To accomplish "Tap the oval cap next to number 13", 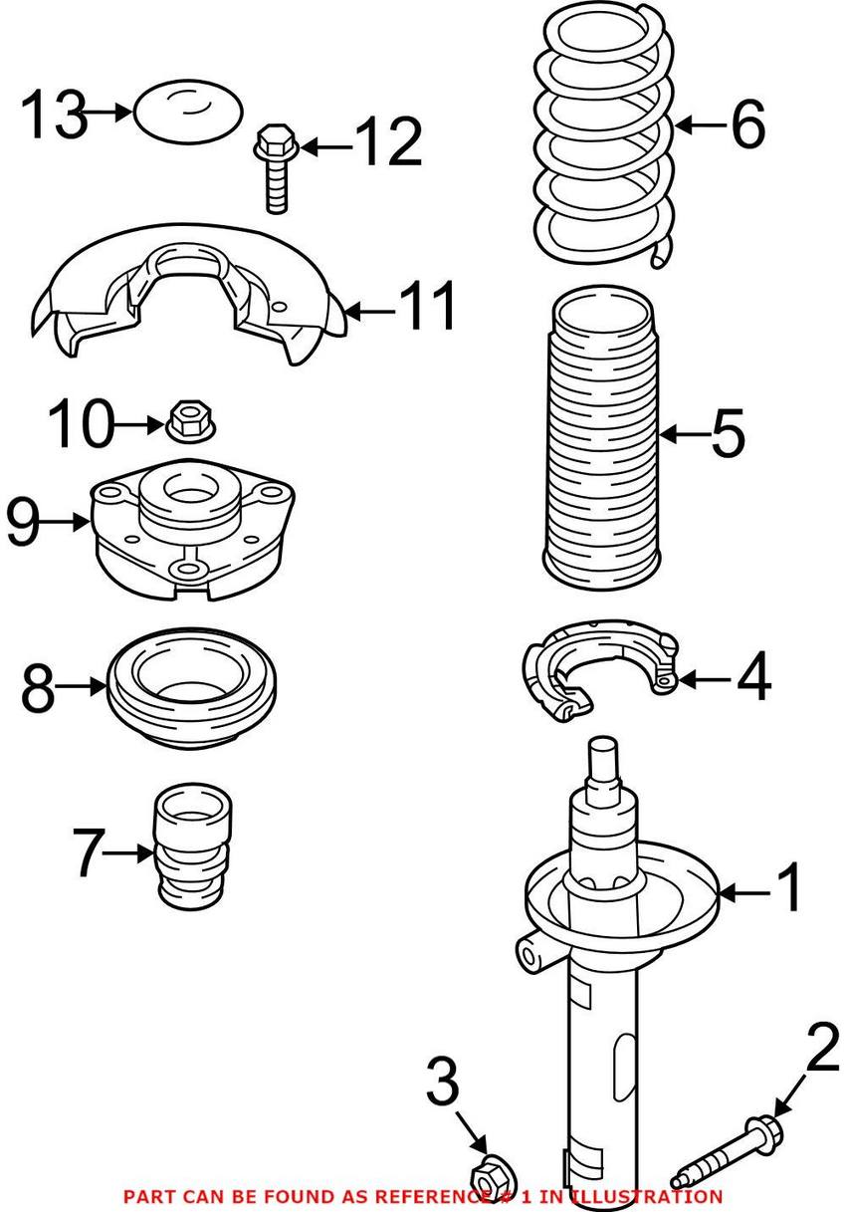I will (x=187, y=113).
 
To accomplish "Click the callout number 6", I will (x=747, y=126).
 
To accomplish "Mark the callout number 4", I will (x=753, y=681).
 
